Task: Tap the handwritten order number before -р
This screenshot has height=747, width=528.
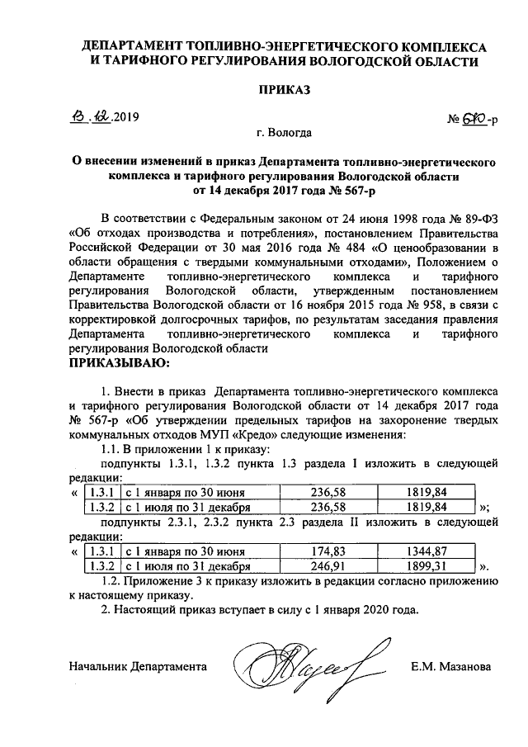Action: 472,121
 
